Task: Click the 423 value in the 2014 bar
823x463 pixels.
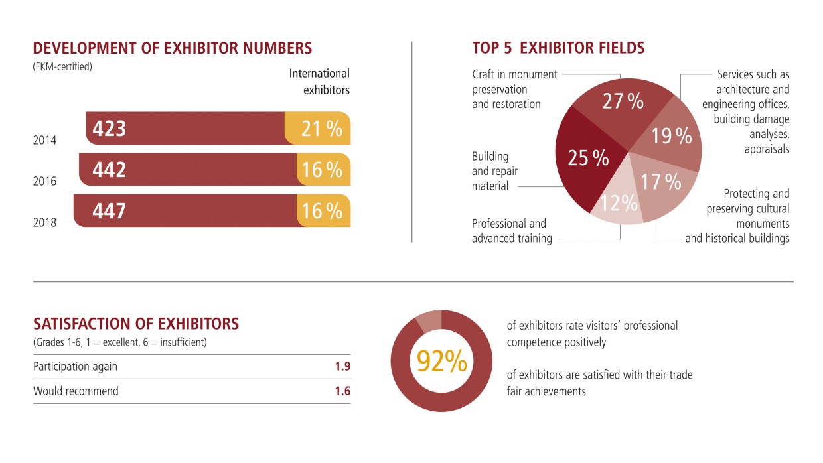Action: click(x=110, y=129)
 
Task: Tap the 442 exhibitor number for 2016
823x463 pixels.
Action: click(x=110, y=170)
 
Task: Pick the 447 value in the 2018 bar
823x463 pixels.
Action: click(x=109, y=211)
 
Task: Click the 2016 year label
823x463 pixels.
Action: click(x=45, y=182)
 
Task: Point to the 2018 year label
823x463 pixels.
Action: click(x=45, y=223)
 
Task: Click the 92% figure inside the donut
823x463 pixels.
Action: click(x=441, y=362)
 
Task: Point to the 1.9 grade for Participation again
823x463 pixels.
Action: click(x=342, y=366)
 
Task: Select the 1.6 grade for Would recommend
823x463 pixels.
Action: click(x=342, y=391)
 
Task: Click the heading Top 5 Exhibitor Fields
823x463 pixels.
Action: click(x=558, y=48)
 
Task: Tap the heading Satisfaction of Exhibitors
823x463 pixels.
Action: click(x=136, y=324)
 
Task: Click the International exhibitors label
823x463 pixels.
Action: click(x=319, y=82)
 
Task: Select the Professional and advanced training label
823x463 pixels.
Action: click(x=512, y=231)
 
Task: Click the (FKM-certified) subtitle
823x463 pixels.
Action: click(x=62, y=66)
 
